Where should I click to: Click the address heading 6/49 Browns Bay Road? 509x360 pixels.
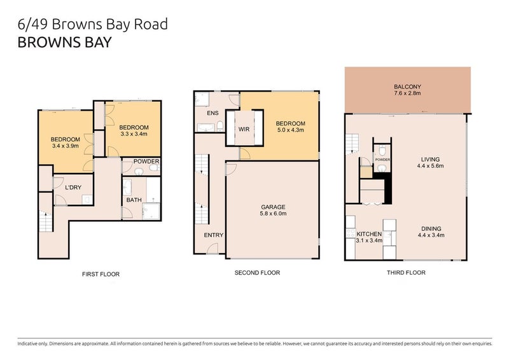[94, 25]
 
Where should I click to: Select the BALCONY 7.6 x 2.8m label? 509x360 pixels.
[407, 90]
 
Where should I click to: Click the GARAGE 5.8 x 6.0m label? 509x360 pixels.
[272, 211]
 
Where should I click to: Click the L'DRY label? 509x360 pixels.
[72, 188]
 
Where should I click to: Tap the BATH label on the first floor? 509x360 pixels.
[134, 200]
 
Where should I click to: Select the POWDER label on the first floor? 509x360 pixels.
[146, 162]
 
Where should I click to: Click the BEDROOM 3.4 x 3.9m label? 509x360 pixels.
[66, 143]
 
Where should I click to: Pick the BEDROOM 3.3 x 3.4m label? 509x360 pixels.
[134, 130]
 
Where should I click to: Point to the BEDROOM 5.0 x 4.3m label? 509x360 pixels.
[290, 127]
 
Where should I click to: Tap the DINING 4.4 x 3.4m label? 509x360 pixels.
[430, 232]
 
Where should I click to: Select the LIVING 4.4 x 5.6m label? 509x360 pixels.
[430, 163]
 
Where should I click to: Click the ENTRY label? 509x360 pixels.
[213, 235]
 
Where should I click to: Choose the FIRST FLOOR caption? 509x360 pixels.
[101, 274]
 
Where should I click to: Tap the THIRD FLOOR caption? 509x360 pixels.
[406, 272]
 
